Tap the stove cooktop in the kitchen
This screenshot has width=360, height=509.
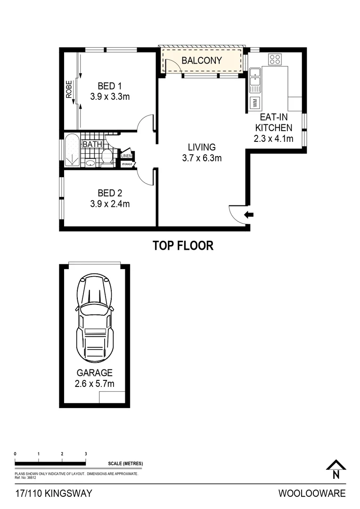coord(275,59)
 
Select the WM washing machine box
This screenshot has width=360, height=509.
coord(254,101)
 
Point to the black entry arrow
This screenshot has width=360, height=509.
coord(249,215)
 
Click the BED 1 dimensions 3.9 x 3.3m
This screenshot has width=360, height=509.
coord(110,97)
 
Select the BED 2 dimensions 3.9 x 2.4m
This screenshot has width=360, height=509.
coord(110,204)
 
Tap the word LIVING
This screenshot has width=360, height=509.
coord(202,147)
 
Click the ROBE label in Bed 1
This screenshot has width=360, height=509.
coord(69,89)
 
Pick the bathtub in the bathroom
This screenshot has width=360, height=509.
coord(72,150)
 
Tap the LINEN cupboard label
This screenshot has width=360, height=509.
coord(126,156)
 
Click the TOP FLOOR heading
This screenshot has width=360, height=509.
coord(183,246)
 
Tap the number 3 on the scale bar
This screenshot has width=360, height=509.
coord(86,453)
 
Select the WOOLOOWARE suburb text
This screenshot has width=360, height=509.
coord(312,493)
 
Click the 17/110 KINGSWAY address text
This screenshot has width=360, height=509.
coord(53,493)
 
